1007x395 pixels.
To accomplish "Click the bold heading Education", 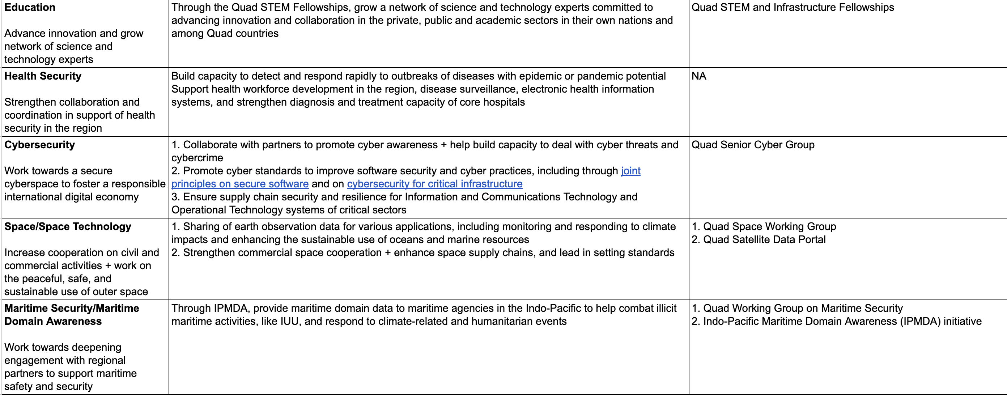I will point(30,8).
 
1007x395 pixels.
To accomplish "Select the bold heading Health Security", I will point(43,76).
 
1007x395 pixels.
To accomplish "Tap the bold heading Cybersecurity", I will point(39,145).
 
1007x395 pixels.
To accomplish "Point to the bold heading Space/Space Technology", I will point(68,226).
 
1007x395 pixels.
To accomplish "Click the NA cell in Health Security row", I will point(698,76).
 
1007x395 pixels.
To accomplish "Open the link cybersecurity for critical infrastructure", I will point(434,184).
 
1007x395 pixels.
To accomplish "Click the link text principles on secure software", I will point(239,184).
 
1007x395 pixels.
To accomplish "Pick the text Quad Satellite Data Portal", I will point(764,239).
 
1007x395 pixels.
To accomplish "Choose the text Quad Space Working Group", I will point(769,226).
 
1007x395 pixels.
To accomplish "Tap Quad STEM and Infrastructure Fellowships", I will point(793,8).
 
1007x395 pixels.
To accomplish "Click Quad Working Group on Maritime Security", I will point(803,308).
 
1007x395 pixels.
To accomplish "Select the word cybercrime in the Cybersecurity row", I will point(197,158).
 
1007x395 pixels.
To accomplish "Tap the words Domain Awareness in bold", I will point(53,321).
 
